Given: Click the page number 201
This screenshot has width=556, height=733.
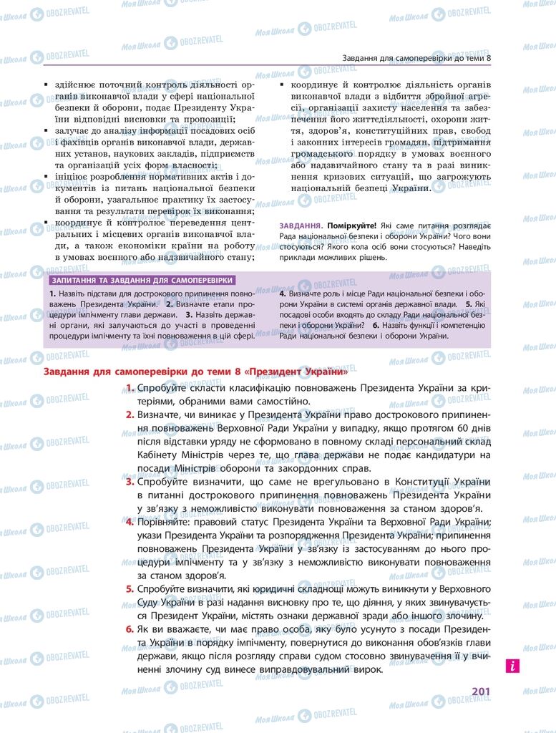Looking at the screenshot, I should pyautogui.click(x=480, y=691).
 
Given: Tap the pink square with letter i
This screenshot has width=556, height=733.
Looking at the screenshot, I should pyautogui.click(x=512, y=666).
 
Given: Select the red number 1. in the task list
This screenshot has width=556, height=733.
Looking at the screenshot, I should pyautogui.click(x=130, y=388).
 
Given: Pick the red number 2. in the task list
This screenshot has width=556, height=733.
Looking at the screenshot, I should pyautogui.click(x=130, y=414).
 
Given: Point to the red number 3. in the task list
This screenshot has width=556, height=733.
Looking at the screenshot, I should pyautogui.click(x=130, y=482).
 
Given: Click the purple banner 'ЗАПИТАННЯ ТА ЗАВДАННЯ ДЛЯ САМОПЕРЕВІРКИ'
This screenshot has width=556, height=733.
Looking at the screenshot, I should pyautogui.click(x=140, y=281).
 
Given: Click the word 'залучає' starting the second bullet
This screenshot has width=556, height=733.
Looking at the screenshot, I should pyautogui.click(x=72, y=130).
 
